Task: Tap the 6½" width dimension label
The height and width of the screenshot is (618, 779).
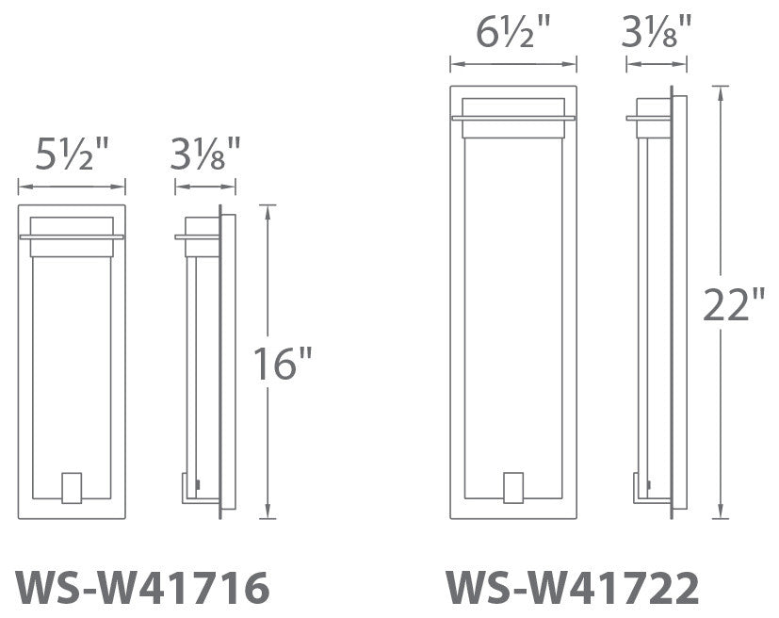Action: pos(512,36)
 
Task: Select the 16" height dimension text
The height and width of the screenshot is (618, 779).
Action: pos(283,364)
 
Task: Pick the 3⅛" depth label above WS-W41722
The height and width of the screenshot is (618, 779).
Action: pos(657,36)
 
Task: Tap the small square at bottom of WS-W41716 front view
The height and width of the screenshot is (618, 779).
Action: pos(72,487)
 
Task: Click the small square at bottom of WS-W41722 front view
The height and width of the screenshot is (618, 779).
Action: pos(512,488)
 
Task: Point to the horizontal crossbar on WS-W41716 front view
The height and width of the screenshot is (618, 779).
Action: pos(72,236)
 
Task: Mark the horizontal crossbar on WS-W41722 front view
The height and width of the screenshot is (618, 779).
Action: pos(512,118)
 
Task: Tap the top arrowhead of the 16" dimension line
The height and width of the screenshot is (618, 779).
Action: pos(269,208)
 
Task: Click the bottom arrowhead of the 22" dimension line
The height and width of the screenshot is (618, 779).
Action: pos(721,514)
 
